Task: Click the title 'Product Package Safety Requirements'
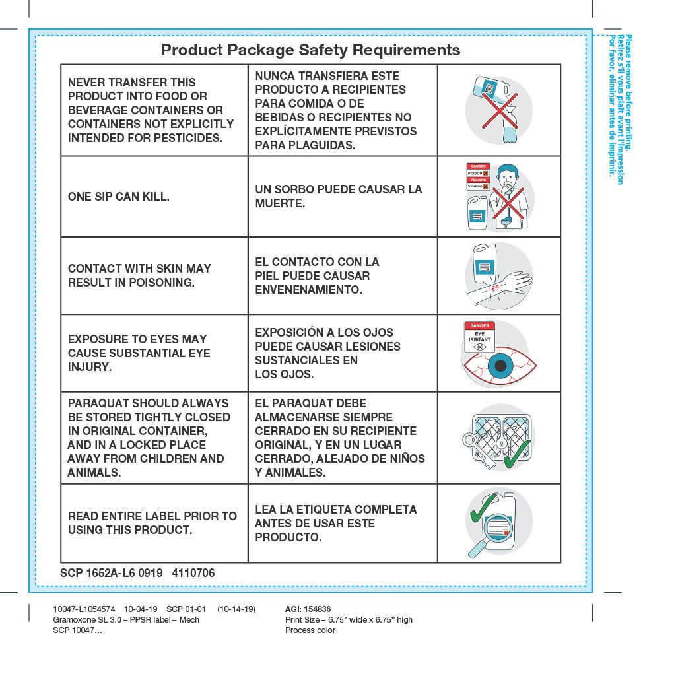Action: (310, 50)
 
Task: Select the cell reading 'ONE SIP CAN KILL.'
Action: (119, 197)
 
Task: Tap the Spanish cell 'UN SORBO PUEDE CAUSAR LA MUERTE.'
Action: (338, 197)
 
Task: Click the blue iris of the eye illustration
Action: (500, 365)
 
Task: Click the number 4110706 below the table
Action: (193, 573)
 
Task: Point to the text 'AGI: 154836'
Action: (308, 609)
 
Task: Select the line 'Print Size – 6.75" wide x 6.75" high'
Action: (349, 620)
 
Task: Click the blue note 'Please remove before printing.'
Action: (628, 92)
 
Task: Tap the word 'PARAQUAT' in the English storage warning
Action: (98, 403)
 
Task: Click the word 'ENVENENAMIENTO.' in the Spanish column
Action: (308, 290)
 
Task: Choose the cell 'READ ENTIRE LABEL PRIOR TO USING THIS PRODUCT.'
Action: (152, 523)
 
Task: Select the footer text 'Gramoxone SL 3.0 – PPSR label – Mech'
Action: (126, 620)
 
